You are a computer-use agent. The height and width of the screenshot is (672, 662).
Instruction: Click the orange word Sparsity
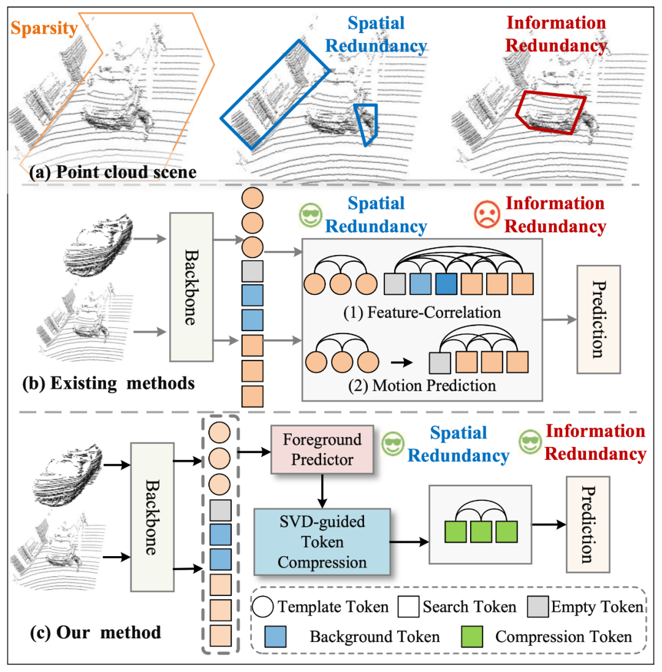click(x=44, y=29)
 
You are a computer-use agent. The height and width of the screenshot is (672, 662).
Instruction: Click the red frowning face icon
click(x=487, y=214)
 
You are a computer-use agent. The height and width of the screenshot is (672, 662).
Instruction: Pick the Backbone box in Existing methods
click(x=191, y=287)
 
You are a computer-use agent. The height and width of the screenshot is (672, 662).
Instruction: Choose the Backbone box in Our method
click(x=152, y=517)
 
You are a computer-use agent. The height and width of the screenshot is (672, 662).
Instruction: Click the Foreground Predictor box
click(x=322, y=449)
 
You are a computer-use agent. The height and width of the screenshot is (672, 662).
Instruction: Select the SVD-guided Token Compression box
click(x=322, y=542)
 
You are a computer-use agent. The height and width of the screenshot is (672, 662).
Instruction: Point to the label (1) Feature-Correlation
click(x=422, y=313)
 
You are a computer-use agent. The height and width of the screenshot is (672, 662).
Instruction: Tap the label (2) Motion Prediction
click(x=422, y=385)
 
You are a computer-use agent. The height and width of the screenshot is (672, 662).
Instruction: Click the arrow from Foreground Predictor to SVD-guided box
click(x=322, y=491)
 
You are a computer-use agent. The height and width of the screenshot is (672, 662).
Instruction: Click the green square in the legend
click(x=472, y=636)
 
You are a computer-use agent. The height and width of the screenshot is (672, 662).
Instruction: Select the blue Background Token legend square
click(x=275, y=636)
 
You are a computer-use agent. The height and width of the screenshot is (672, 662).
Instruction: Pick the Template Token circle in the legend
click(x=263, y=606)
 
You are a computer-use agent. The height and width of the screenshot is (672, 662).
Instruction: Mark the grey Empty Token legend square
click(x=538, y=606)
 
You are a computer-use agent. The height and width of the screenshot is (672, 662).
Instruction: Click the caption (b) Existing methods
click(x=108, y=383)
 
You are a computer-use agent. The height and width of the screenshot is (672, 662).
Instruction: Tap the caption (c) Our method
click(x=96, y=633)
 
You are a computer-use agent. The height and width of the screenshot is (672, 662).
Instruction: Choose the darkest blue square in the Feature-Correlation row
click(x=446, y=284)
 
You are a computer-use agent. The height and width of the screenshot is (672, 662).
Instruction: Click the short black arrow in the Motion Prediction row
click(x=402, y=362)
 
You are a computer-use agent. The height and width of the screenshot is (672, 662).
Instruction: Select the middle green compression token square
click(x=481, y=532)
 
